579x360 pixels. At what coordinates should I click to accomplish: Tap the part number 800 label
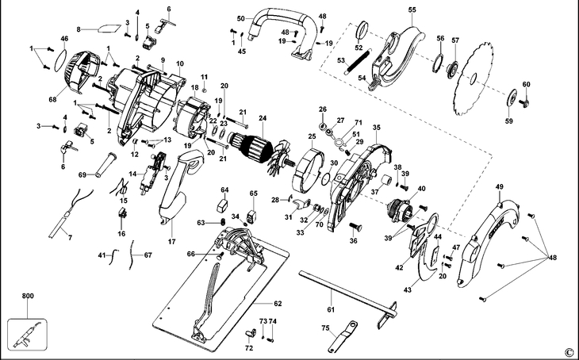(x=28, y=296)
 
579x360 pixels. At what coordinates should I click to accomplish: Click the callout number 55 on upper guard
(x=412, y=10)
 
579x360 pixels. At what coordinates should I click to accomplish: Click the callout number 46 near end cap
(x=64, y=38)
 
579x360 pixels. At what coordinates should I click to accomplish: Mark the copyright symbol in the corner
(x=568, y=351)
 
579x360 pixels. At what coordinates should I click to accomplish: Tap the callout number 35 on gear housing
(x=376, y=127)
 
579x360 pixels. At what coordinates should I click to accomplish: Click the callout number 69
(x=82, y=174)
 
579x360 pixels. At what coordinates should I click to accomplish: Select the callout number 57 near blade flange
(x=454, y=40)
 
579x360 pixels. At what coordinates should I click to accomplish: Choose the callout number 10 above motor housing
(x=180, y=63)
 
